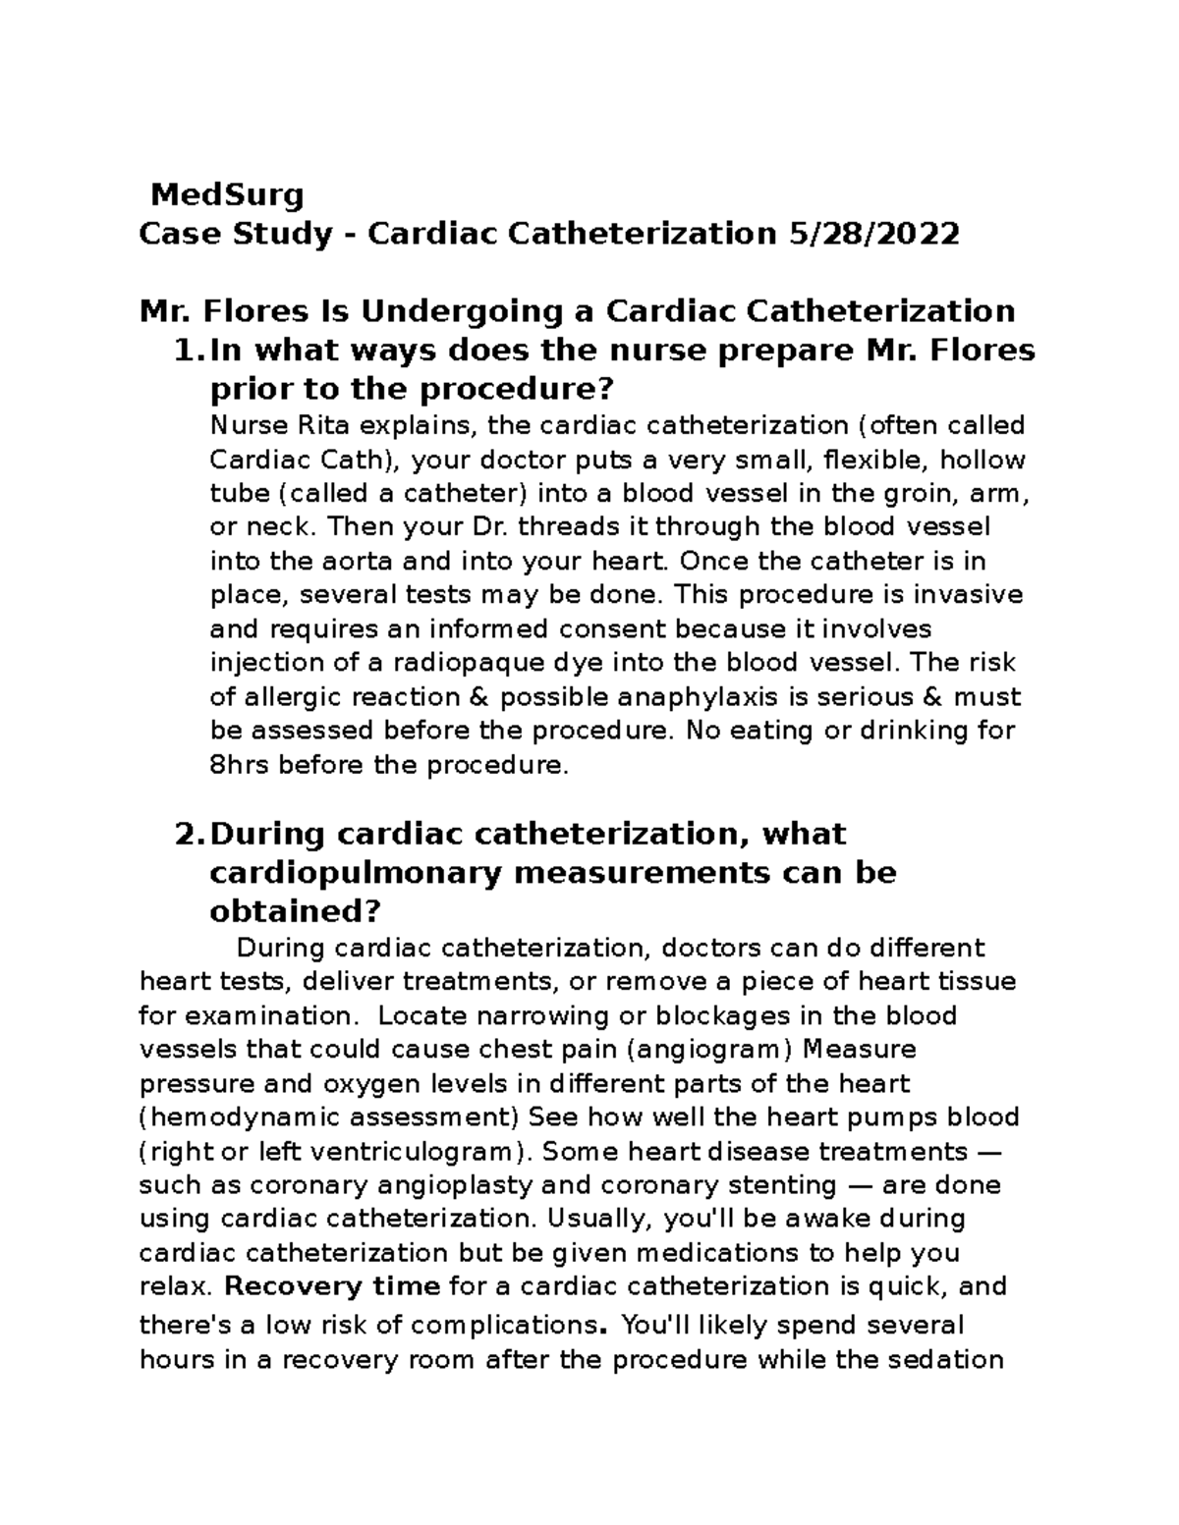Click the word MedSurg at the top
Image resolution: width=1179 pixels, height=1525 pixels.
[227, 195]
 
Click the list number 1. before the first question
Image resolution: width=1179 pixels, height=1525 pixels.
[188, 351]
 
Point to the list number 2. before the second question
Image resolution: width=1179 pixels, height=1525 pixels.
[188, 835]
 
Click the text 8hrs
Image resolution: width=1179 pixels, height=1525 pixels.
[241, 765]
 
